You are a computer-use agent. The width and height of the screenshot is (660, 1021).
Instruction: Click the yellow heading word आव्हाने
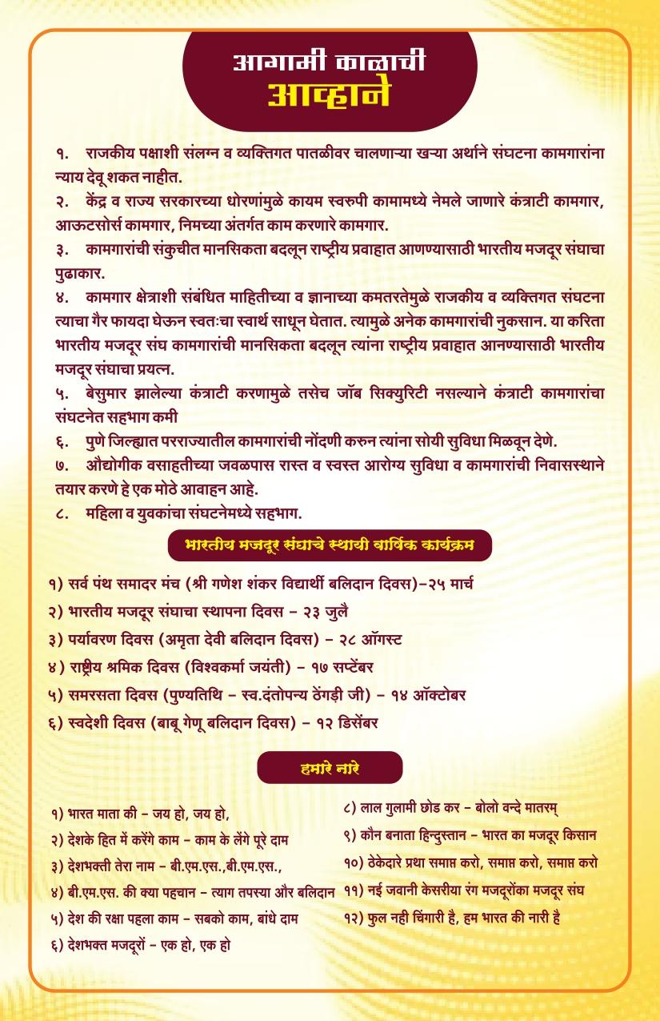pyautogui.click(x=329, y=94)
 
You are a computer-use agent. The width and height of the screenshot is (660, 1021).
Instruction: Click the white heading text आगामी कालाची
pyautogui.click(x=329, y=62)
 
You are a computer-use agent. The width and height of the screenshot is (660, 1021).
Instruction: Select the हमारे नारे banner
pyautogui.click(x=329, y=768)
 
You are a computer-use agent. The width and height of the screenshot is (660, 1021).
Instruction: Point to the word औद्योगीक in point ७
pyautogui.click(x=112, y=465)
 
